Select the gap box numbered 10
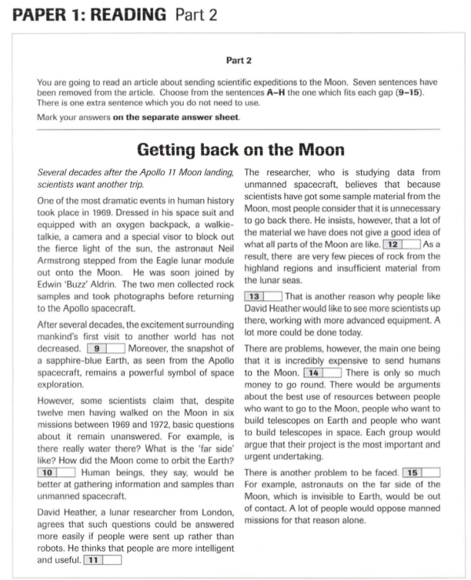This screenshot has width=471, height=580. coord(56,472)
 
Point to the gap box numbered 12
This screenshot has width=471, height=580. coord(400,245)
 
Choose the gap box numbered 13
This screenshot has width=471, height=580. coord(264,295)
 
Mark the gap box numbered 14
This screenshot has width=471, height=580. coord(323,372)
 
